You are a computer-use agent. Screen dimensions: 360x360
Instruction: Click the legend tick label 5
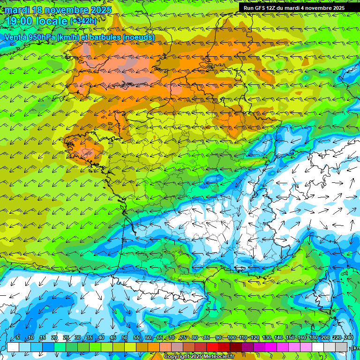click(18, 338)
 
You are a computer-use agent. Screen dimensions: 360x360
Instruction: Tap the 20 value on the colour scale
click(54, 338)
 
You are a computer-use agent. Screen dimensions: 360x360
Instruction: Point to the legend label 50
click(125, 338)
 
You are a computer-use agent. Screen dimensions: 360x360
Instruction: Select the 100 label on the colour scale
click(232, 338)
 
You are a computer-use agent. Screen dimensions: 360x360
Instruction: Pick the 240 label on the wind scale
click(349, 338)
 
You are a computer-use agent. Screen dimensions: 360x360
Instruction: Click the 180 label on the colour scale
click(314, 338)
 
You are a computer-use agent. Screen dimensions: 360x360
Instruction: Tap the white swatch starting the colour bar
click(13, 347)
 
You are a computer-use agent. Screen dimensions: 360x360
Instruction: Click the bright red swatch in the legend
click(212, 347)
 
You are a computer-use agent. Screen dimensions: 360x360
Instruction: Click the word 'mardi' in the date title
click(17, 10)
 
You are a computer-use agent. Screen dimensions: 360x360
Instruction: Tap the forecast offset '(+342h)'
click(83, 21)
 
